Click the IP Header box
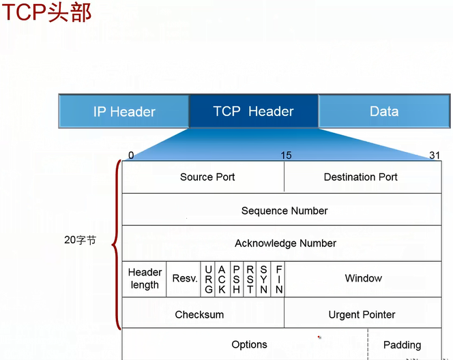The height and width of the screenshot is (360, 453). pos(124,111)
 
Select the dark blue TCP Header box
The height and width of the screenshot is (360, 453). pos(253,111)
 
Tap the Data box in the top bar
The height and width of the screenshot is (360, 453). pos(384,111)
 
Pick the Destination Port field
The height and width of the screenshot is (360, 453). pos(362,177)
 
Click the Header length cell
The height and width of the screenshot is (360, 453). pos(145,279)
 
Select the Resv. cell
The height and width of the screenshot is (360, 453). pos(184,279)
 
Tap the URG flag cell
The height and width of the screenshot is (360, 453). pos(208,279)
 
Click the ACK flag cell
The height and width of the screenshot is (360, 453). pos(222,279)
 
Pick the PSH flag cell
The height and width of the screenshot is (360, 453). pos(236,279)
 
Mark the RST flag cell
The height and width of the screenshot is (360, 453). pos(250,279)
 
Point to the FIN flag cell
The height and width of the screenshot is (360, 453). pos(278,279)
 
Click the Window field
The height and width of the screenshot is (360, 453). pos(363,279)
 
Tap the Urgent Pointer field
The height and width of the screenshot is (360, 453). pos(362,314)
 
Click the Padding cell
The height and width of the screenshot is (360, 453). pos(403,345)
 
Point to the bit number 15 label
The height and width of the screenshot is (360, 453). pos(286,155)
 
